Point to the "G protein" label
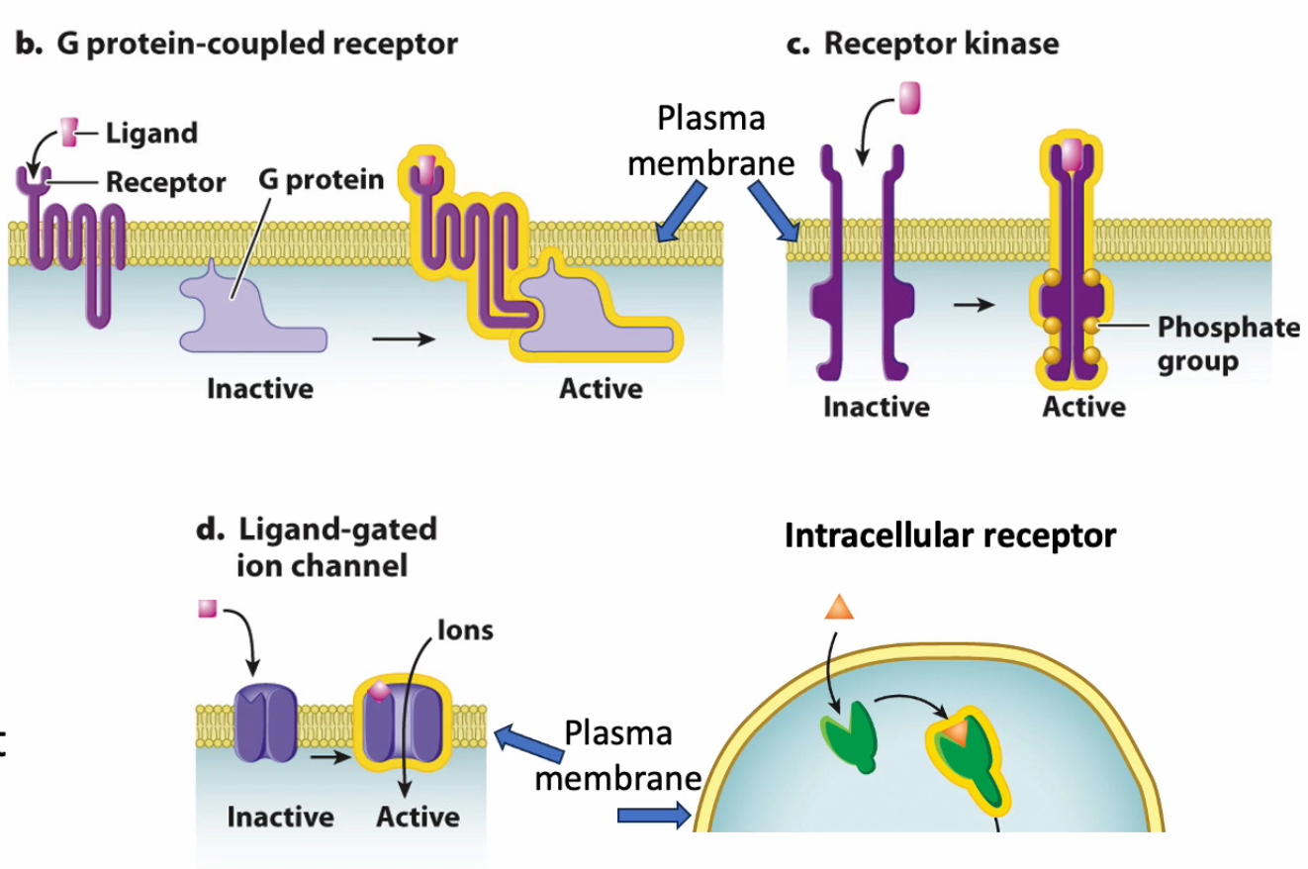[x=322, y=181]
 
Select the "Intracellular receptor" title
[x=950, y=536]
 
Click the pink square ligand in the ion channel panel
[x=207, y=610]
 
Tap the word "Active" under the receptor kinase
[x=1082, y=407]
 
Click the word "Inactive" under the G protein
[x=259, y=389]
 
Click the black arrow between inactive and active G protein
[x=403, y=339]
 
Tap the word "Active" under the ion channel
[x=418, y=818]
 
